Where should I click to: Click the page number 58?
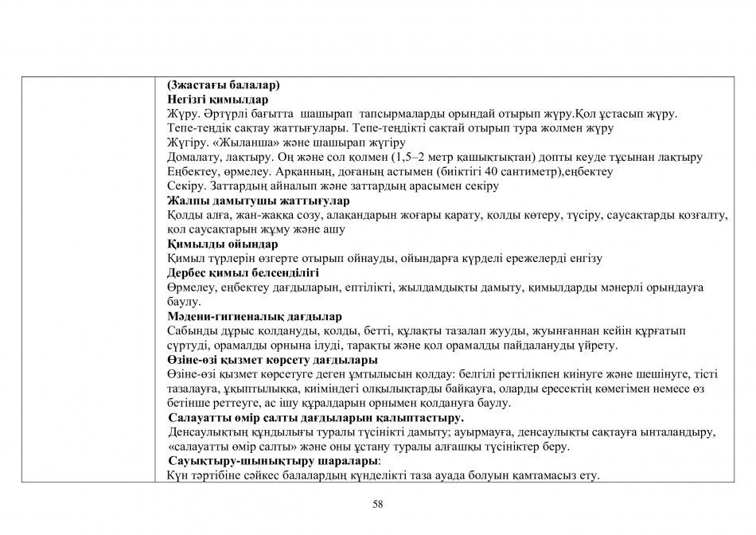(378, 503)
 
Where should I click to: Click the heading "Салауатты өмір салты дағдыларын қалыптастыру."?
(317, 417)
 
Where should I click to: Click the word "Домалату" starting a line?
(193, 157)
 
